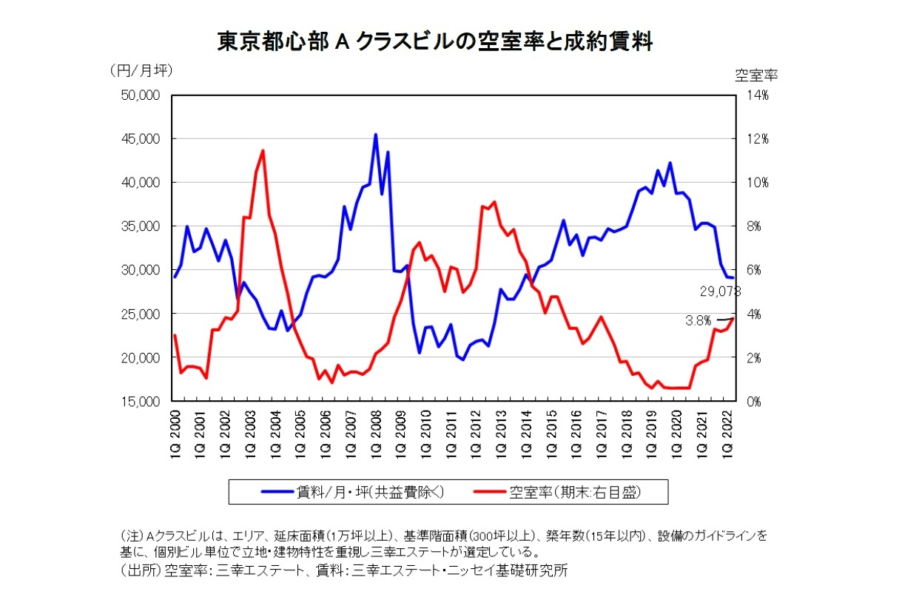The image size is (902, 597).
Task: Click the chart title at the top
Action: click(x=434, y=42)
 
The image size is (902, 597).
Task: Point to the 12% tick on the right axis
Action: click(x=757, y=139)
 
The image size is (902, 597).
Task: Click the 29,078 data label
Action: click(x=719, y=291)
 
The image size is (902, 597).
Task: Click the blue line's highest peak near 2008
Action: click(x=376, y=135)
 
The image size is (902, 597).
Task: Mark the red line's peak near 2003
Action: click(x=263, y=151)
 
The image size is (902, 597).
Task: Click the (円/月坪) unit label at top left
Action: click(x=141, y=71)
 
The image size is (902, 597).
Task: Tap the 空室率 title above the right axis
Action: click(x=755, y=74)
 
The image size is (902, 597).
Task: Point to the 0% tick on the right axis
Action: click(x=753, y=402)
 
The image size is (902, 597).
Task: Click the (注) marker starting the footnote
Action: click(x=131, y=535)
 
